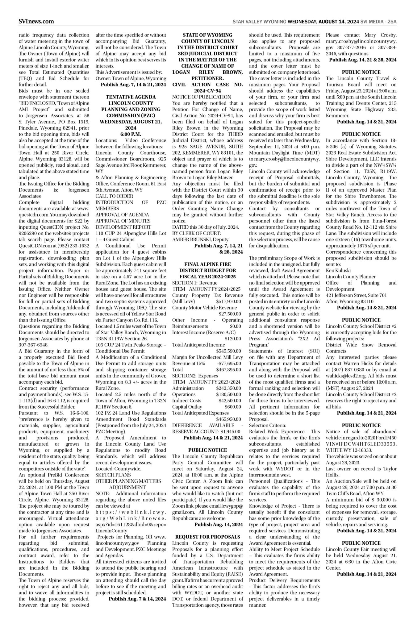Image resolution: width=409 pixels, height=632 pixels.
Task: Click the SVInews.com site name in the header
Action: point(36,21)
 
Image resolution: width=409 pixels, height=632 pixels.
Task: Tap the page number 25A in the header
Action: point(391,22)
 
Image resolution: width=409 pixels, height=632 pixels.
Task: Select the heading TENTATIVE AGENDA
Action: point(131,97)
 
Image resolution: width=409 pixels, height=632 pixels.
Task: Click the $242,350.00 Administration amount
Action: point(228,388)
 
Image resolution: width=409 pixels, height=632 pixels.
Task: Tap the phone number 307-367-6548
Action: point(33,345)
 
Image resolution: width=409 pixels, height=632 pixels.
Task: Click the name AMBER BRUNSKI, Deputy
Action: point(200,239)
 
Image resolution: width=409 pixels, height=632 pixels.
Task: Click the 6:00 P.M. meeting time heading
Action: point(131,134)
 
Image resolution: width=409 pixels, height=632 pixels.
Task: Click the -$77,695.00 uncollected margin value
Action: point(229,363)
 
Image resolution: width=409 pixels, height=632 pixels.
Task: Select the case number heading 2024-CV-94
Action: point(207,91)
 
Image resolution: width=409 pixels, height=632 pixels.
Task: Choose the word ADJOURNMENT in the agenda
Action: point(127,487)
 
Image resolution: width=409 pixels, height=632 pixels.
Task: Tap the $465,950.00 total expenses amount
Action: point(228,419)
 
